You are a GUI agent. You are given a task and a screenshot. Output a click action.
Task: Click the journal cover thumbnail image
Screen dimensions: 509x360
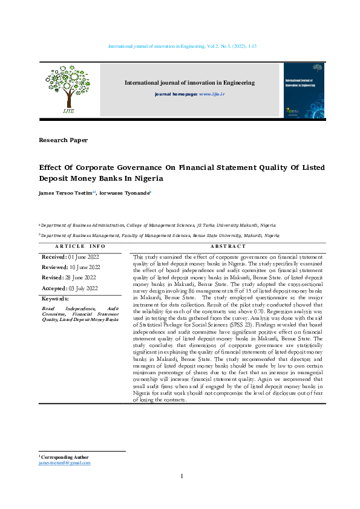[x=304, y=89]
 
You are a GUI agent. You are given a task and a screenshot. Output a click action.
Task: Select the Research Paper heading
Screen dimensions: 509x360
[x=63, y=140]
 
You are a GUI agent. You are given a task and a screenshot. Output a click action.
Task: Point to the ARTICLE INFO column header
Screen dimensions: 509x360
[x=80, y=247]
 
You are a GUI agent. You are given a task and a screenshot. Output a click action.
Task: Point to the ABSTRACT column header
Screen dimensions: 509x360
[x=228, y=247]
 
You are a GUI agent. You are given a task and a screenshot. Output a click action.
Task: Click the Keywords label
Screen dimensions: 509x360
[x=54, y=299]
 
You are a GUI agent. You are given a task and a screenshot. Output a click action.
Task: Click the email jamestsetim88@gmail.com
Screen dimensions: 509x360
[x=64, y=463]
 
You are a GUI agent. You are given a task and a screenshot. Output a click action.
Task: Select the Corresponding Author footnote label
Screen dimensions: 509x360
[x=65, y=458]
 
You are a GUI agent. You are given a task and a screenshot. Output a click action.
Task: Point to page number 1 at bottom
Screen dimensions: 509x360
[x=182, y=477]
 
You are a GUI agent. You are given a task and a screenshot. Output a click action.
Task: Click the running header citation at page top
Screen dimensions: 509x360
[x=182, y=47]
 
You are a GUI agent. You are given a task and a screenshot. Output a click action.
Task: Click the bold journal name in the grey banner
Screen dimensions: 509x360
[x=189, y=83]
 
